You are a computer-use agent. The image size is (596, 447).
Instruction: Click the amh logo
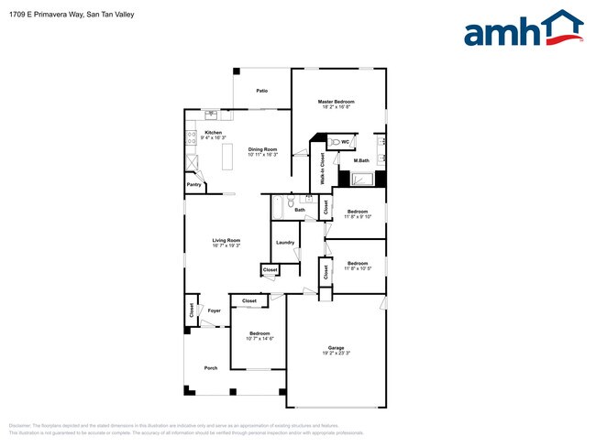coord(524,29)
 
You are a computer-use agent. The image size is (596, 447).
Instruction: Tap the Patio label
coord(261,91)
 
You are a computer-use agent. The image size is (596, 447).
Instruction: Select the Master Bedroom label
coord(336,102)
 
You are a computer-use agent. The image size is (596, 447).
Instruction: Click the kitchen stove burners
coord(192,139)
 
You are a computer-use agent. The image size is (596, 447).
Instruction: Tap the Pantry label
coord(194,185)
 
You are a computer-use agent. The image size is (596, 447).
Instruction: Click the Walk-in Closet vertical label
coord(323,169)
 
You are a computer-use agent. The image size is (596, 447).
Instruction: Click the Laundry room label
coord(285,243)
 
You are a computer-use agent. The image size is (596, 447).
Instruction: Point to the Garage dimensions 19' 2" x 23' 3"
coord(337,353)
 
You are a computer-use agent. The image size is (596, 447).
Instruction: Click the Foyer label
coord(214,311)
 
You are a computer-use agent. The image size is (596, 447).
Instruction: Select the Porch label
coord(210,368)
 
